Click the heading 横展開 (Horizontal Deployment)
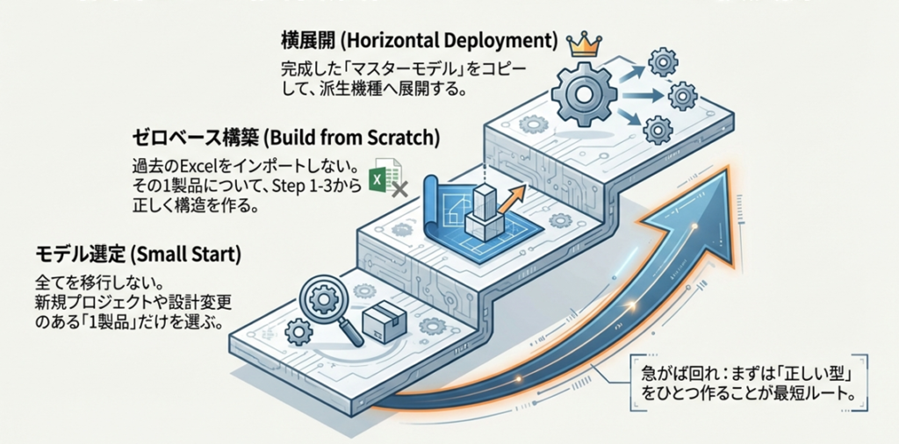pos(421,40)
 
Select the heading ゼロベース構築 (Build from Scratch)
pos(285,138)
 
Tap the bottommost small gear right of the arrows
pos(656,131)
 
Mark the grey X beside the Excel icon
pos(399,188)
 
